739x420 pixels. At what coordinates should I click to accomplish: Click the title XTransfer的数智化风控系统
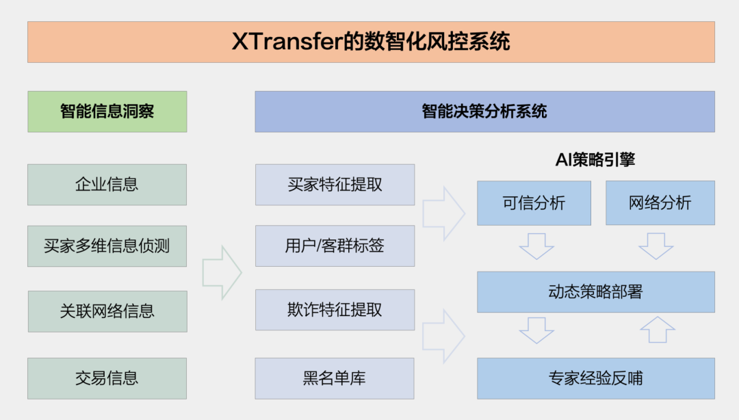tap(371, 42)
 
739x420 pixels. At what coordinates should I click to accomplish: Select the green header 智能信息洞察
tap(107, 111)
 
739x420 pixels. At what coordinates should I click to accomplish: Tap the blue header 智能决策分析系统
tap(484, 111)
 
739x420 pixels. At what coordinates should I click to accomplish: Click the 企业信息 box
tap(107, 184)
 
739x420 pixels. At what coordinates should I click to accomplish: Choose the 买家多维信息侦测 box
tap(107, 246)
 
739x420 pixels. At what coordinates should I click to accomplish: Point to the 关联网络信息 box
tap(107, 311)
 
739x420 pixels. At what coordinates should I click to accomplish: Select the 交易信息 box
tap(107, 378)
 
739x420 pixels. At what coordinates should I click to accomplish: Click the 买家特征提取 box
tap(335, 184)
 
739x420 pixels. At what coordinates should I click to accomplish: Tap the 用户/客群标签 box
tap(335, 246)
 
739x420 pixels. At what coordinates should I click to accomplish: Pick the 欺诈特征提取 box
tap(335, 309)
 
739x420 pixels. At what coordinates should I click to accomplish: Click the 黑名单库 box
tap(335, 378)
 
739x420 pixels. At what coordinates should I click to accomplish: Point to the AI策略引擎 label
tap(595, 160)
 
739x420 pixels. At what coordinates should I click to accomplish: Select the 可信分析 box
tap(534, 203)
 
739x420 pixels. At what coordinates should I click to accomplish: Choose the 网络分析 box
tap(660, 203)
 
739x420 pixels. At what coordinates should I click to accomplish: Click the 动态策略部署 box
tap(595, 292)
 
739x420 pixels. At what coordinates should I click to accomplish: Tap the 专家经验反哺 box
tap(595, 378)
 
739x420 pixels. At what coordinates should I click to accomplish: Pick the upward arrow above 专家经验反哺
tap(657, 330)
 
